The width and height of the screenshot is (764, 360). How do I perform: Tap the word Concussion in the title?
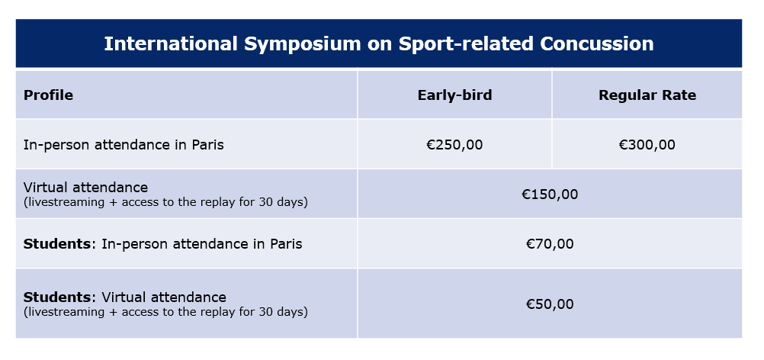tap(596, 43)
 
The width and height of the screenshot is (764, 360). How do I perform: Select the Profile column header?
tap(48, 95)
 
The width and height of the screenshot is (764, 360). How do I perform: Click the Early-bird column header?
tap(454, 95)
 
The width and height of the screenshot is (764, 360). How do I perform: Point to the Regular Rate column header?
tap(647, 95)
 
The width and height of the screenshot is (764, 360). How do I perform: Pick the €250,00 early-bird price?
tap(454, 145)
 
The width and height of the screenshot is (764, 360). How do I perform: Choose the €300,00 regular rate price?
tap(647, 145)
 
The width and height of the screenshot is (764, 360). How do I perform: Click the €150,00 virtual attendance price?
tap(550, 194)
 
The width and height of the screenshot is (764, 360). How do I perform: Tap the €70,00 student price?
tap(550, 244)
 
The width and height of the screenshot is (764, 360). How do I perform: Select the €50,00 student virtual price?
tap(550, 304)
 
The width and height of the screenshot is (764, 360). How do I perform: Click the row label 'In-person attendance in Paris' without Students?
tap(124, 145)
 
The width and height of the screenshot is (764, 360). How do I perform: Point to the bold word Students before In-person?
tap(57, 244)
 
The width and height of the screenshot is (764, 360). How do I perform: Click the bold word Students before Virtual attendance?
tap(57, 297)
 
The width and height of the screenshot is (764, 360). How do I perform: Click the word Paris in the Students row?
tap(286, 244)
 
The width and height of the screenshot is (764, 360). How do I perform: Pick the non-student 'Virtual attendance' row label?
tap(85, 188)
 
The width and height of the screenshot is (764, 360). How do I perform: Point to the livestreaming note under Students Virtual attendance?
tap(165, 312)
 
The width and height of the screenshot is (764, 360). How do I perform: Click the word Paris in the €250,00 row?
tap(207, 145)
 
